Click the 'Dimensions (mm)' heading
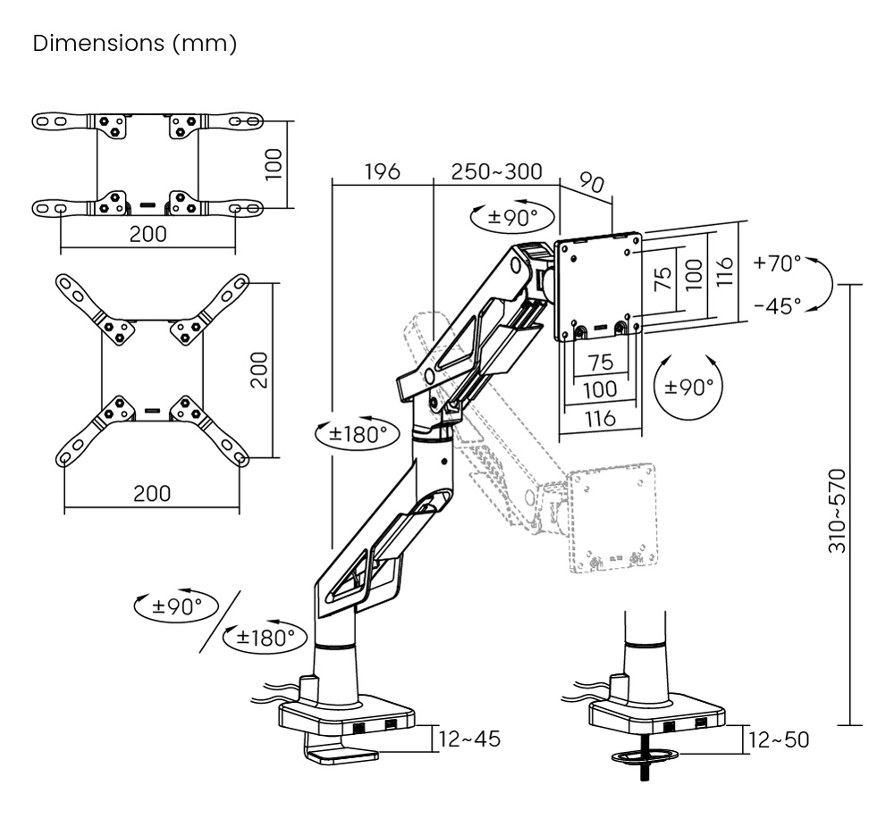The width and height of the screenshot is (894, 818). [134, 44]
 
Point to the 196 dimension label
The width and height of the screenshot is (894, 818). [382, 171]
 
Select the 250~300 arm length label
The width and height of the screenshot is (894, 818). [496, 171]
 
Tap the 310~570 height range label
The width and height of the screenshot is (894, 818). [838, 510]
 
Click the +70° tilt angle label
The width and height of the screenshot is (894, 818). [777, 263]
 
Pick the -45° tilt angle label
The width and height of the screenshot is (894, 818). [777, 305]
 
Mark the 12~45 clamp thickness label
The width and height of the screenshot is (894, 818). [470, 739]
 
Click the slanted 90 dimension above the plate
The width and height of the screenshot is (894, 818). [591, 184]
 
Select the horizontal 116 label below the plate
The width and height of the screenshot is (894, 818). [599, 417]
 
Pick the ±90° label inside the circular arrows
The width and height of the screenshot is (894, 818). [689, 387]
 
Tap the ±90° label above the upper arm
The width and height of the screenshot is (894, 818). [513, 216]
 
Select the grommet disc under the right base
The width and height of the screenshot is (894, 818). [645, 758]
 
